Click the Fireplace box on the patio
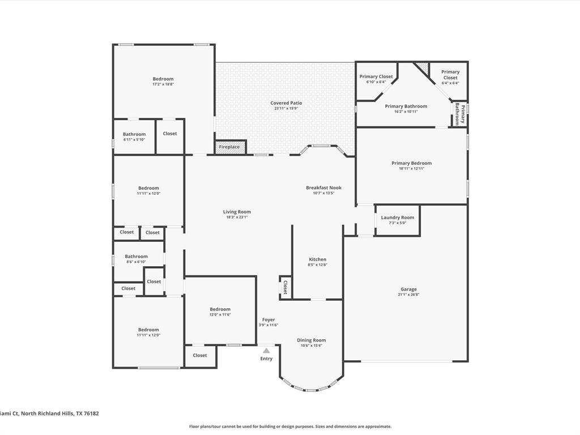[x=230, y=147]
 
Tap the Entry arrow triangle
[x=266, y=351]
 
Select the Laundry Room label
[x=397, y=217]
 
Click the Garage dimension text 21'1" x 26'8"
[x=408, y=295]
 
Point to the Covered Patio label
[x=286, y=103]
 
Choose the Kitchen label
[x=317, y=259]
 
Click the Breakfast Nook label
[x=323, y=187]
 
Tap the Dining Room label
[x=311, y=340]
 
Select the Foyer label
[x=268, y=319]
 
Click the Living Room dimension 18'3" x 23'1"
[x=237, y=217]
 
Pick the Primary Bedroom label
[x=411, y=163]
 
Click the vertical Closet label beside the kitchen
[x=285, y=287]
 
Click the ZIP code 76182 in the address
[x=91, y=413]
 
